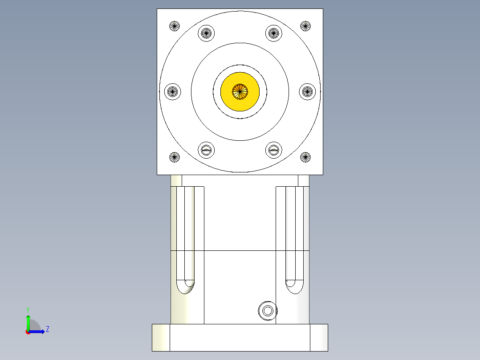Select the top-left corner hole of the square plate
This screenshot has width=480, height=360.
click(175, 26)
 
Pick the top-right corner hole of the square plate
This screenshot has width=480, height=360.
click(305, 26)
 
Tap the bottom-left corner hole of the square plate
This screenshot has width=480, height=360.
click(175, 157)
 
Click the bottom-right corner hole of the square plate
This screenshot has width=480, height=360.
click(305, 157)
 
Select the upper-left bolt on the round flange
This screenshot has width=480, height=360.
click(206, 33)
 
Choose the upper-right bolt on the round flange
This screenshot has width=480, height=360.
click(274, 33)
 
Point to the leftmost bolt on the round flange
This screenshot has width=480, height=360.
click(172, 92)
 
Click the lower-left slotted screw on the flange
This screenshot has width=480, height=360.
click(206, 150)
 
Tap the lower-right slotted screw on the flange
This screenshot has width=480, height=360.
click(274, 150)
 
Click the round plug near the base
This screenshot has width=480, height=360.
click(268, 311)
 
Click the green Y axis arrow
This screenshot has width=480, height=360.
click(28, 322)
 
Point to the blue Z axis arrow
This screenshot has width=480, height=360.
click(38, 331)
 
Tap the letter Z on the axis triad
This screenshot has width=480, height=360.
click(47, 330)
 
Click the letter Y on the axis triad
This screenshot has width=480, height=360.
click(28, 310)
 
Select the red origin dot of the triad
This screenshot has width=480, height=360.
click(28, 332)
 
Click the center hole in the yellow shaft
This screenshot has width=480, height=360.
click(240, 91)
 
